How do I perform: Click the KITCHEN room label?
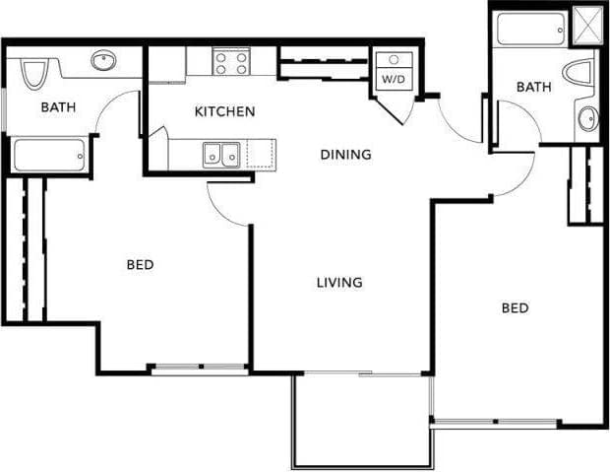click(x=224, y=111)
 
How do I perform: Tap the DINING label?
click(x=345, y=154)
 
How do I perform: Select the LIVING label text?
click(x=339, y=283)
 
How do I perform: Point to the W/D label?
click(x=392, y=78)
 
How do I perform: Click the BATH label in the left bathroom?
click(x=58, y=107)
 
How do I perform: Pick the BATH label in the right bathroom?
click(x=534, y=87)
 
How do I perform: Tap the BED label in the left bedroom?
click(x=140, y=264)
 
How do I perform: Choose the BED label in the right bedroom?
click(x=516, y=308)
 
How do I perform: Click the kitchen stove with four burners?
click(x=232, y=63)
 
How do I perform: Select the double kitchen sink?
click(x=221, y=154)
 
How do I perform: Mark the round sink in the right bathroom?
click(x=588, y=120)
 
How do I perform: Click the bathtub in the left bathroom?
click(x=49, y=156)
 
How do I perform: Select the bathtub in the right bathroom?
click(x=529, y=30)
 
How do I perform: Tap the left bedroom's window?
click(x=199, y=369)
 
